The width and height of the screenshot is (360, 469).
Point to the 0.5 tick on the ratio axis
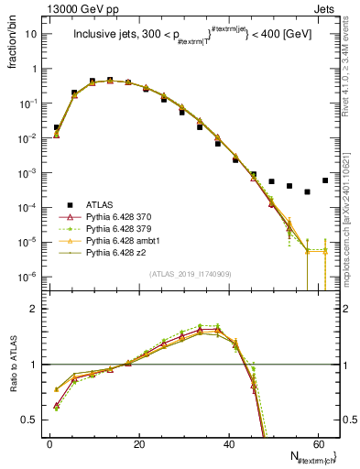31,420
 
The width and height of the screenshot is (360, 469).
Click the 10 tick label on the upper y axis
32,34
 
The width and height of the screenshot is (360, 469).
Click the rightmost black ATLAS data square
325,180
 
